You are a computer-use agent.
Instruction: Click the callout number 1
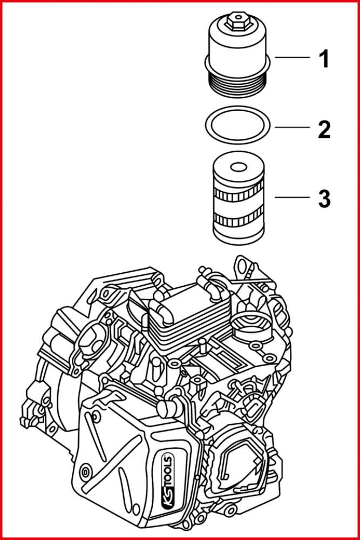tap(323, 59)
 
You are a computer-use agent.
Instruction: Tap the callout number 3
tap(323, 198)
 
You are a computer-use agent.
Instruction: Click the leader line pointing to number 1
tap(291, 57)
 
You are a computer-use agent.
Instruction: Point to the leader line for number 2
tap(291, 127)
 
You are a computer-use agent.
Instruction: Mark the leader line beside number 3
tap(291, 198)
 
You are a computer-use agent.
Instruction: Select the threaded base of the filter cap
tap(237, 85)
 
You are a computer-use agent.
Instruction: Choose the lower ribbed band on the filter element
tap(237, 219)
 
